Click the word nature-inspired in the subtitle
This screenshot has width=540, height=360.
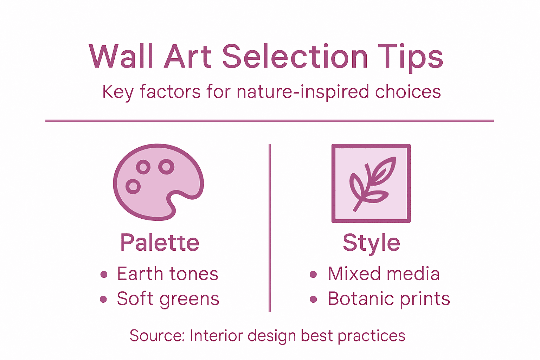(303, 92)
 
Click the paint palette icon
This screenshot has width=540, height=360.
(158, 182)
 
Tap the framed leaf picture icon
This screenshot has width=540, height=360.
(371, 183)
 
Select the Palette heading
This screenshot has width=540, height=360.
(160, 243)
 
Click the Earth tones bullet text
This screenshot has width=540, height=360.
(167, 274)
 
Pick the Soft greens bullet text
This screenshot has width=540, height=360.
(168, 299)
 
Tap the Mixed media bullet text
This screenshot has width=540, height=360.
(384, 274)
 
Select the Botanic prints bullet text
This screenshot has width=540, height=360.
(389, 299)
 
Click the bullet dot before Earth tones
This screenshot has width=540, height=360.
(104, 275)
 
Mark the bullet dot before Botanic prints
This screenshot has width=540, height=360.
(313, 300)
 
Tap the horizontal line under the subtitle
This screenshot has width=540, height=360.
(270, 121)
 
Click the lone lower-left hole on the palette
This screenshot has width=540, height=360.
(133, 186)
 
